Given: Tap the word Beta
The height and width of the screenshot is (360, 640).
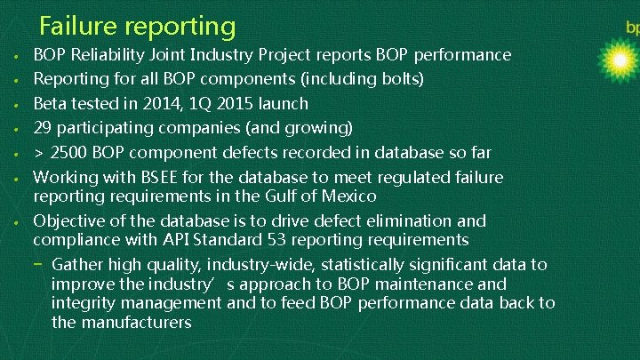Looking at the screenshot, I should coord(52,103).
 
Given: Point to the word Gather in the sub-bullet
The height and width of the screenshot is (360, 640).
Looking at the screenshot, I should coord(78,264).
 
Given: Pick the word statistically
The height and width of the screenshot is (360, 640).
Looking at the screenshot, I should coord(364,264).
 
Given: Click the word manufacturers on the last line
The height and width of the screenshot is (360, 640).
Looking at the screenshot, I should coord(134,322).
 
